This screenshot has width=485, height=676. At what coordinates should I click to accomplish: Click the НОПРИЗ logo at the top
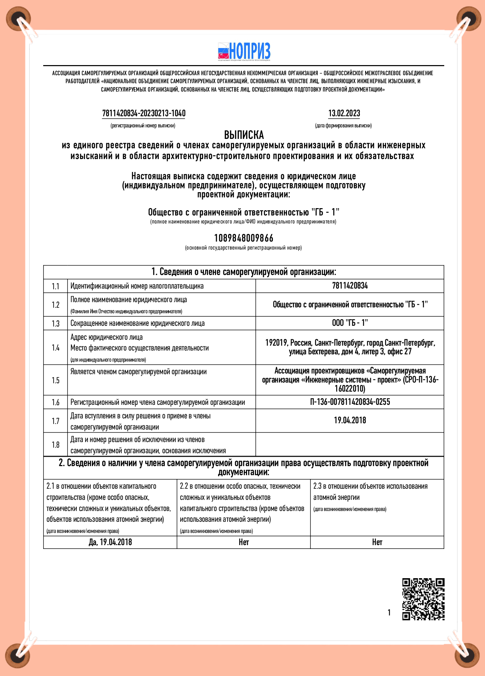click(244, 52)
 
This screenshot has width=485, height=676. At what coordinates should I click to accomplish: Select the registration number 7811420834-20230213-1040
click(144, 113)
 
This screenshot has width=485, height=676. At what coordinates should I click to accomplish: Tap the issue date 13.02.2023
click(344, 113)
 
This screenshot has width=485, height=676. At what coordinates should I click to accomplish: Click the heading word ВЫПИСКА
click(244, 135)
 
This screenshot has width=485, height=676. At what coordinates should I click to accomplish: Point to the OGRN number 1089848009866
click(244, 238)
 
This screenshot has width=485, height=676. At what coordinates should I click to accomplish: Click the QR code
click(423, 599)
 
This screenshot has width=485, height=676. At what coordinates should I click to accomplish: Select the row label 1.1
click(56, 286)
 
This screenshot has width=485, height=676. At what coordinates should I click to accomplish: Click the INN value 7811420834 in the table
click(350, 286)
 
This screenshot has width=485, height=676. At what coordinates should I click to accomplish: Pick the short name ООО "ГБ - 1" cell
click(350, 323)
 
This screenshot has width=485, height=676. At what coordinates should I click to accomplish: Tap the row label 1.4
click(56, 348)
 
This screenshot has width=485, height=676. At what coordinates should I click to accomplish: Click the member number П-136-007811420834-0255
click(350, 402)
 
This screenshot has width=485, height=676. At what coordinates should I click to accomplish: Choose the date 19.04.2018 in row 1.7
click(350, 420)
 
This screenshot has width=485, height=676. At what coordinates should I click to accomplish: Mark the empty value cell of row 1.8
click(350, 445)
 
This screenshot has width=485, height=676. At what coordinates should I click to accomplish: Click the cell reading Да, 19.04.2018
click(110, 542)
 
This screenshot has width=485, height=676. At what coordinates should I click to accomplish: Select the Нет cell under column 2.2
click(244, 542)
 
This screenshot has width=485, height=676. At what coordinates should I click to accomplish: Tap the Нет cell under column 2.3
click(377, 542)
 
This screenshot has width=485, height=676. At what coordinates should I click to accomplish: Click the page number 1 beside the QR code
click(389, 613)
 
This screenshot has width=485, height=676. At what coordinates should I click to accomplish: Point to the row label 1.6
click(56, 402)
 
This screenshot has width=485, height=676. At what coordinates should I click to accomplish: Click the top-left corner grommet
click(18, 18)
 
